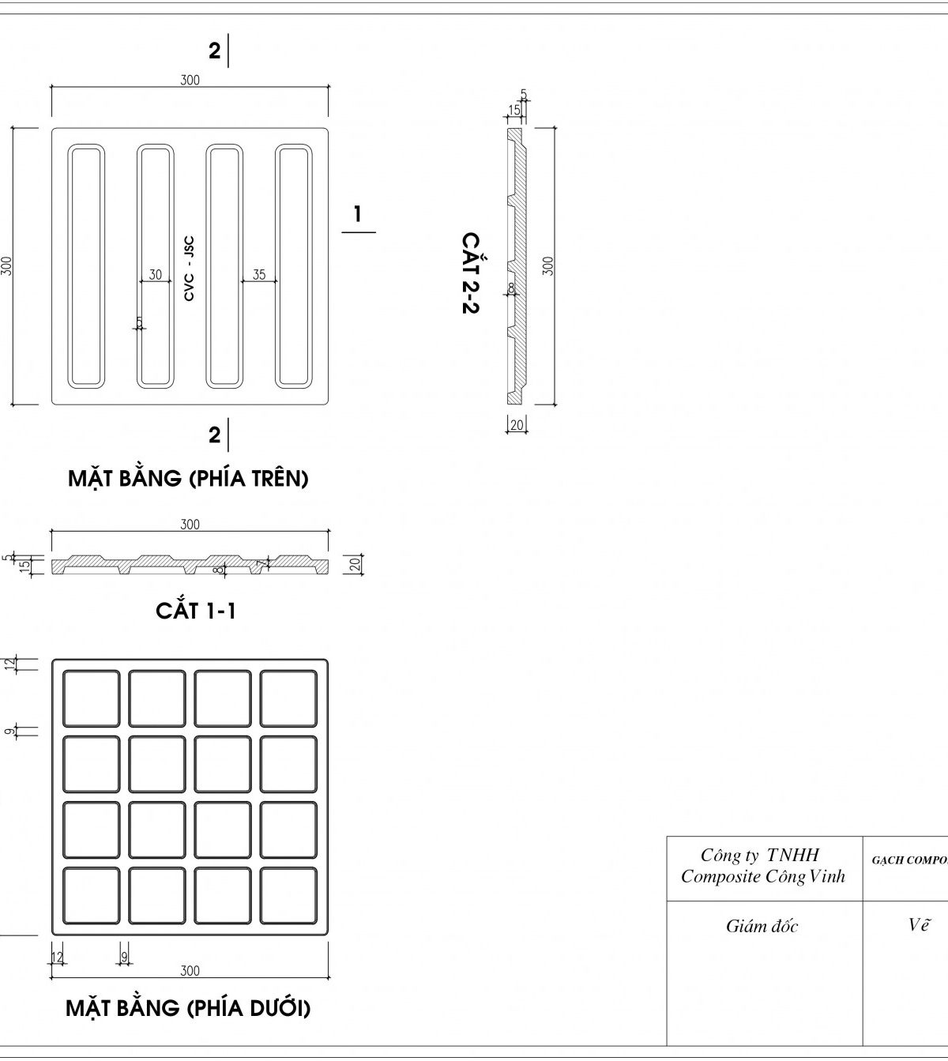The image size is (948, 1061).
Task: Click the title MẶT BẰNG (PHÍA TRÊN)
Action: pos(188,479)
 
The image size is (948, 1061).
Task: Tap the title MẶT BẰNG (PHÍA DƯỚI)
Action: pos(188,1009)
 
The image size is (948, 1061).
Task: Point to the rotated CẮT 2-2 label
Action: pos(470,273)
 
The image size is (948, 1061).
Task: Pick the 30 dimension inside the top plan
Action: pos(156,275)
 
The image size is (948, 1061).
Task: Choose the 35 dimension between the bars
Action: pos(259,275)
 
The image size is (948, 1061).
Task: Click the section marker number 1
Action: pos(358,213)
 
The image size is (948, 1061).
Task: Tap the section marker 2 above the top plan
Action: pos(214,51)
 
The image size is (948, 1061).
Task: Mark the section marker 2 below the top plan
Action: pos(214,435)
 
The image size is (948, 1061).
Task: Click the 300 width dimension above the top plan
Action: pos(190,80)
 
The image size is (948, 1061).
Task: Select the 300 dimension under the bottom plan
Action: pos(190,971)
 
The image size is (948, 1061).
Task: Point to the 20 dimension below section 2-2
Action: pos(517,425)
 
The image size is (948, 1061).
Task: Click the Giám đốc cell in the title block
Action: pos(762,927)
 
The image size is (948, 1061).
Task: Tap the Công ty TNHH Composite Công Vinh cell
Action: pos(762,866)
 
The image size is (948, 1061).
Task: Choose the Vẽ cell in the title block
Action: pos(916,925)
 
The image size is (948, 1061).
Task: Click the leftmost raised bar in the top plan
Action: pos(86,266)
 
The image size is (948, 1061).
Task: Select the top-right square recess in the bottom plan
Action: pos(288,698)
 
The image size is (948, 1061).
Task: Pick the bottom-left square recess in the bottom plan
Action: pos(92,895)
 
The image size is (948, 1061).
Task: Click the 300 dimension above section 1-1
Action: pos(190,525)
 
